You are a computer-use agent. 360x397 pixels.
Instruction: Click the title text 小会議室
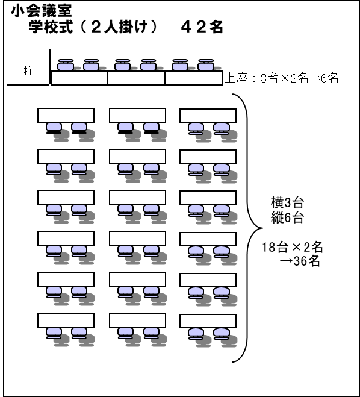coord(42,11)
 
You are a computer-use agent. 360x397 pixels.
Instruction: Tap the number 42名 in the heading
coord(202,27)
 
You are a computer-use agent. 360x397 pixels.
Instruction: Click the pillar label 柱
coord(28,71)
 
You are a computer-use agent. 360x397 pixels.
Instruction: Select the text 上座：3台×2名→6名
coord(281,78)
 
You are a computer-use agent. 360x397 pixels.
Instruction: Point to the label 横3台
coord(287,202)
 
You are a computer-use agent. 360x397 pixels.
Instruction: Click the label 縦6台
coord(287,217)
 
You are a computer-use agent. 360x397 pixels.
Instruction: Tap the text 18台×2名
coord(292,247)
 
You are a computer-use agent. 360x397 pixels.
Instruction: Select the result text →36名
coord(300,261)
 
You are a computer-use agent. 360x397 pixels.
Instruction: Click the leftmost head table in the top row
coord(79,78)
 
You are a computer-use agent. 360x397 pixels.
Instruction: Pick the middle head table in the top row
coord(137,78)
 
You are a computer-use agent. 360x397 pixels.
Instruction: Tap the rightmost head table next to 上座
coord(194,78)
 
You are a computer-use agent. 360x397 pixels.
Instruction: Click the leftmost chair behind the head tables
coord(66,65)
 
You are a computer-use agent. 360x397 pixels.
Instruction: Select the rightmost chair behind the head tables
coord(206,65)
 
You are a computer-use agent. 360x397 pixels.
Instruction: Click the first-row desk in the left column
coord(66,115)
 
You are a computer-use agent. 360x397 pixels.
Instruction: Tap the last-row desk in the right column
coord(208,321)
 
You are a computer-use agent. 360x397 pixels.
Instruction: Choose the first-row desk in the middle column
coord(138,115)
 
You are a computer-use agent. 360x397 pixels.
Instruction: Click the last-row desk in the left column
coord(66,320)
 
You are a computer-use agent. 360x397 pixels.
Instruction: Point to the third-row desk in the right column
coord(208,198)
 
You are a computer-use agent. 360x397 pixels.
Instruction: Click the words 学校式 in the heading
coord(51,27)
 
